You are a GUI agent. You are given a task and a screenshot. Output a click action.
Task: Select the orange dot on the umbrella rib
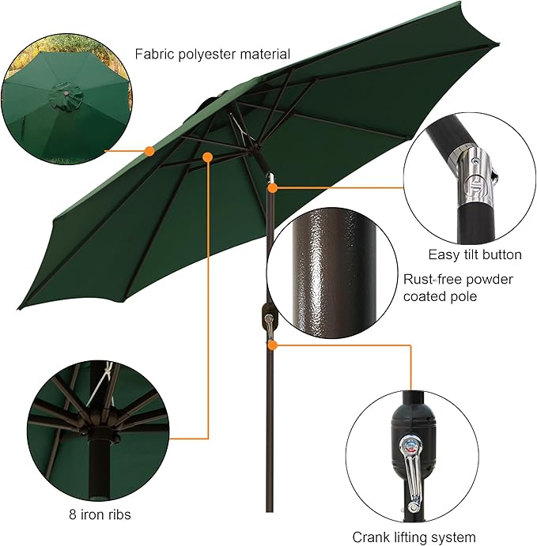207,157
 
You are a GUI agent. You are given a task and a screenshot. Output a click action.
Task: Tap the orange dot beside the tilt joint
273,188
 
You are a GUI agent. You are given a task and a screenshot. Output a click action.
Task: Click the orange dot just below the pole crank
272,345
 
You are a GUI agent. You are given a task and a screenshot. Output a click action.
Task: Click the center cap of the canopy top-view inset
66,96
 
